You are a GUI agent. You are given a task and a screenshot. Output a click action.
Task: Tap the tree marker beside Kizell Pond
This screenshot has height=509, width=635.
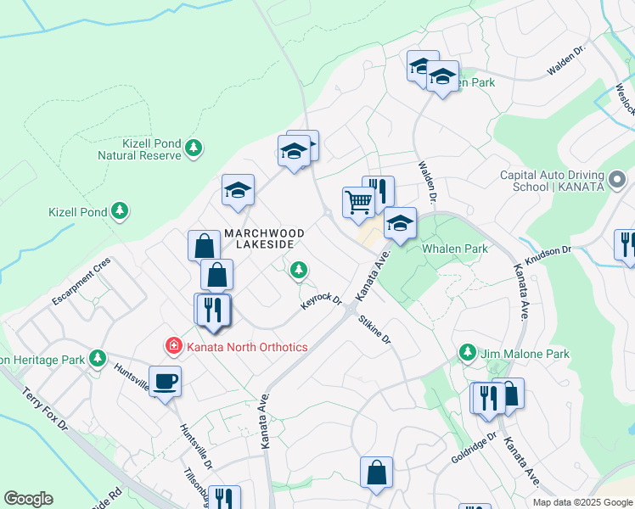(x=120, y=210)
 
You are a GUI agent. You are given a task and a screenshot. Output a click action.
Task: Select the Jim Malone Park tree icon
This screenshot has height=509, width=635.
(x=467, y=352)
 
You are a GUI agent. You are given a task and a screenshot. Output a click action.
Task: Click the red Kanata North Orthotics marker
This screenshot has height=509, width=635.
(x=173, y=346)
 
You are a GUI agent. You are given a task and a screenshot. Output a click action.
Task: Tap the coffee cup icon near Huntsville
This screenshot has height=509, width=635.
(x=165, y=381)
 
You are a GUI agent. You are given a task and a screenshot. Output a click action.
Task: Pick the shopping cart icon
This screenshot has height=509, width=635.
(x=358, y=201)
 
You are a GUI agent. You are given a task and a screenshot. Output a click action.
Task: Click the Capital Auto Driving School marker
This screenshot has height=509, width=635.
(x=617, y=180)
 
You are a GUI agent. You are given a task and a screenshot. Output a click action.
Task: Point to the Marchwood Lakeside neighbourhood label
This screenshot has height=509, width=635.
(x=258, y=238)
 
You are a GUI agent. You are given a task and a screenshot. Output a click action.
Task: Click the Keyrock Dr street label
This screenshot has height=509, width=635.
(x=321, y=301)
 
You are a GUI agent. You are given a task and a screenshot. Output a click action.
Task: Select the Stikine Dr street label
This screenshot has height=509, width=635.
(x=374, y=329)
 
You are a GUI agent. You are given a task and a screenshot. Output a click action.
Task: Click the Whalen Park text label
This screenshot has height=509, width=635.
(x=455, y=249)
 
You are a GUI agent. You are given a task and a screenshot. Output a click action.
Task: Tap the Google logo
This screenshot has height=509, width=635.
(x=28, y=499)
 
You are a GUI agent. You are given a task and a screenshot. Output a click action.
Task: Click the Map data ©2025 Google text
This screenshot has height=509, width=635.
(x=582, y=502)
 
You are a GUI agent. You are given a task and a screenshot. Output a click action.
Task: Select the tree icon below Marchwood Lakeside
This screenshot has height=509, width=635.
(x=298, y=270)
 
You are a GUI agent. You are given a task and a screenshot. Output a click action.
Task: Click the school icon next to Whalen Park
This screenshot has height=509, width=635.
(x=400, y=223)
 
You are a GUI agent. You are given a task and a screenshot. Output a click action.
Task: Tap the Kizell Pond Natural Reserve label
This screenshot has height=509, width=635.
(x=152, y=149)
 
